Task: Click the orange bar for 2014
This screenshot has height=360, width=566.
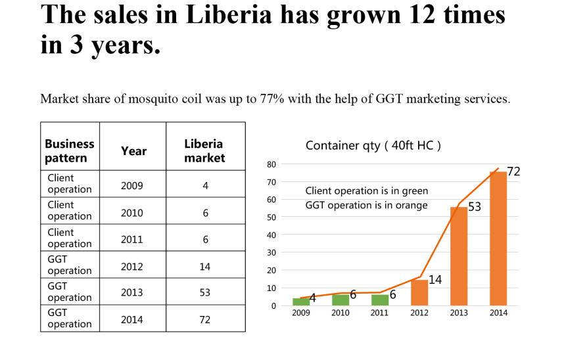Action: tap(498, 238)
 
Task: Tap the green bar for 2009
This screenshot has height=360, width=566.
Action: tap(300, 302)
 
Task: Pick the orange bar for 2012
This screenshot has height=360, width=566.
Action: tap(419, 292)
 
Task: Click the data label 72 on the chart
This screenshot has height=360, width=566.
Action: tap(513, 172)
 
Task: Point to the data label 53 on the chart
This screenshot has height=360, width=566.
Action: tap(474, 207)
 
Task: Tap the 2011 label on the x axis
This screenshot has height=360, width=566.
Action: tap(379, 313)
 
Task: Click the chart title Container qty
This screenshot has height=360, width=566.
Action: tap(373, 146)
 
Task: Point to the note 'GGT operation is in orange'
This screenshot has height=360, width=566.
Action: tap(366, 205)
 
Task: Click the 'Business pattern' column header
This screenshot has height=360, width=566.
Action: tap(69, 151)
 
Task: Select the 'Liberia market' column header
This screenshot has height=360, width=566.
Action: tap(204, 151)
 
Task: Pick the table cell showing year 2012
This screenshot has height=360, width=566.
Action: tap(132, 267)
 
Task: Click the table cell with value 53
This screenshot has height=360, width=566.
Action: tap(205, 292)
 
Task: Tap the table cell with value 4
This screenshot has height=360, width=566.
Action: tap(205, 186)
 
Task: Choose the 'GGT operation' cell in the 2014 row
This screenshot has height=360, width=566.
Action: tap(69, 319)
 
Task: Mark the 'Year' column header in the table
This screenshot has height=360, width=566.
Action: tap(133, 151)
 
